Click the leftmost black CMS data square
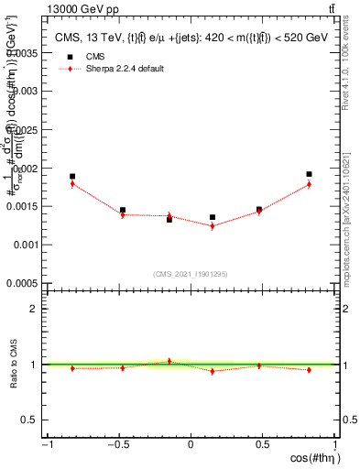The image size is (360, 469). [x=72, y=176]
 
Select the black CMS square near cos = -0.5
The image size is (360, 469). [x=123, y=210]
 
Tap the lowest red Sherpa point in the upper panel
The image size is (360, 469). [x=213, y=225]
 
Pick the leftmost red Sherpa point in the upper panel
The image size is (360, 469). [x=72, y=184]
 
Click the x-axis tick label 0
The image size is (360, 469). [x=191, y=445]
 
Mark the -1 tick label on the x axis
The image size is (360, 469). [x=45, y=445]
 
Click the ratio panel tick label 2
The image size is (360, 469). [x=38, y=309]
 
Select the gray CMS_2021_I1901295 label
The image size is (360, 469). [x=190, y=273]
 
